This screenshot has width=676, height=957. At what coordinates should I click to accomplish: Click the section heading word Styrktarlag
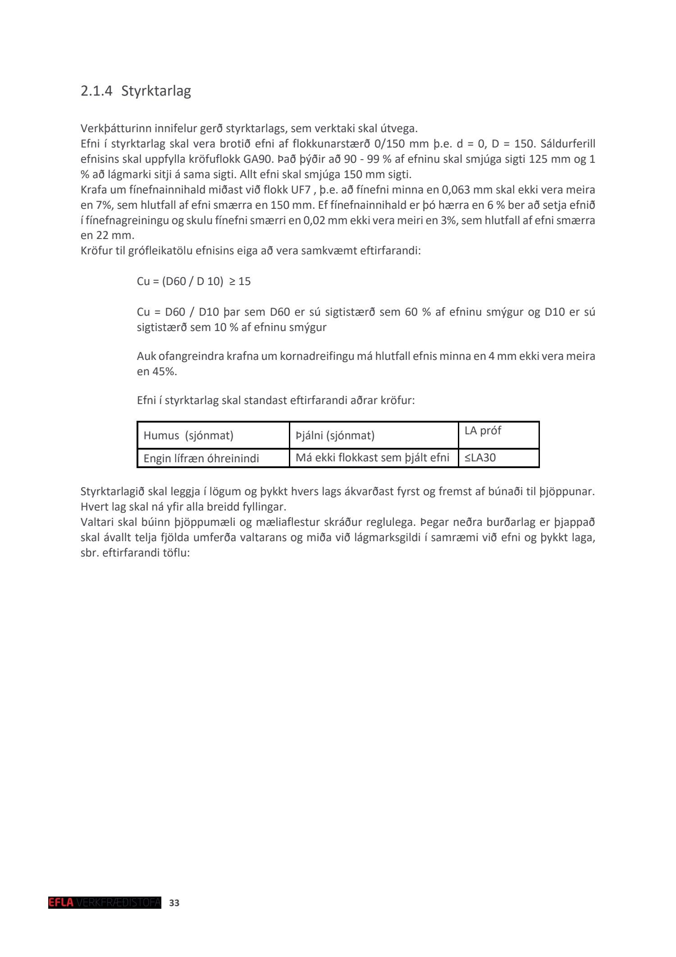click(x=156, y=91)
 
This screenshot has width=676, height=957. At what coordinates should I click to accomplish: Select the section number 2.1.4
click(x=96, y=91)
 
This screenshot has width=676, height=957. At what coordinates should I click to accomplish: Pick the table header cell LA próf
click(x=483, y=431)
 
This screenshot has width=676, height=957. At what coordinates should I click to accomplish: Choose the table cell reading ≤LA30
click(x=480, y=458)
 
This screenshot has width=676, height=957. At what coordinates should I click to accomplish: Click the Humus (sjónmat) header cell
click(x=188, y=436)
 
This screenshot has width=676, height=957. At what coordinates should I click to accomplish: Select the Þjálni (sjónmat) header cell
click(x=335, y=436)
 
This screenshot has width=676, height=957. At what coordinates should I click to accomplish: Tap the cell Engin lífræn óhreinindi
click(x=201, y=459)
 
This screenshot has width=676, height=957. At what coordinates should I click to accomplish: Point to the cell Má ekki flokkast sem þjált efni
click(x=372, y=458)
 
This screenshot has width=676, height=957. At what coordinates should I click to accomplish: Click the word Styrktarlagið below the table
click(x=113, y=492)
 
